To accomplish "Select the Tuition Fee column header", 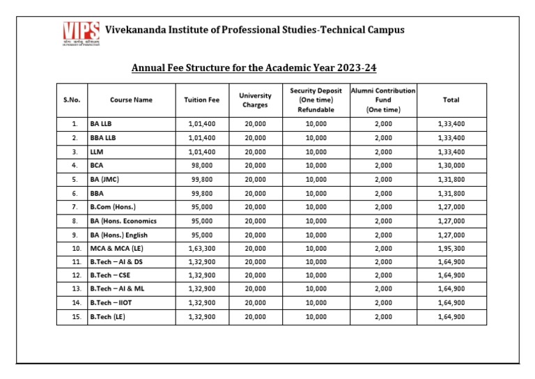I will [201, 100].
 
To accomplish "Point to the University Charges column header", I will [255, 100].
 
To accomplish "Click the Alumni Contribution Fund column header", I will [383, 100].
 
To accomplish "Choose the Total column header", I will [451, 100].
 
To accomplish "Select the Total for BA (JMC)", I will [451, 179].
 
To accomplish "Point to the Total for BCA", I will [451, 165].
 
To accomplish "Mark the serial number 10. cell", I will [73, 248].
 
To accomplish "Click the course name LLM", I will [97, 151].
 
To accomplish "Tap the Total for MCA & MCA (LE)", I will [451, 248].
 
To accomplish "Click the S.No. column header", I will [72, 100].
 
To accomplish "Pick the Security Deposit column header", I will [316, 100].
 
